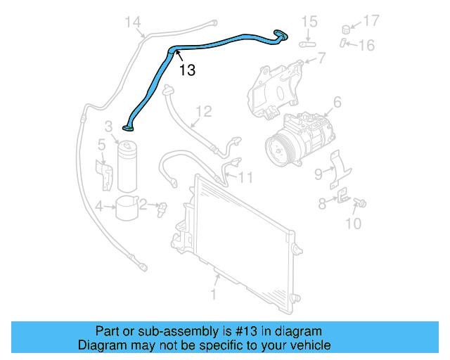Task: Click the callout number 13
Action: (x=186, y=70)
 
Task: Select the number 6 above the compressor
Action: (x=337, y=103)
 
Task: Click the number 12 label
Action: (x=203, y=111)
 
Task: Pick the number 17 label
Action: (x=371, y=20)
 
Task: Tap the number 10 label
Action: (x=353, y=224)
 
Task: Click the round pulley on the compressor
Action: (x=279, y=150)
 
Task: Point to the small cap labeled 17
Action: (x=346, y=30)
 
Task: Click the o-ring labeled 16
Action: (x=342, y=44)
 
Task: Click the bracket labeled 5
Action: (x=104, y=174)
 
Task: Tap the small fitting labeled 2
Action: (x=162, y=207)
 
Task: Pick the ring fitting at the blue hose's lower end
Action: (x=129, y=128)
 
